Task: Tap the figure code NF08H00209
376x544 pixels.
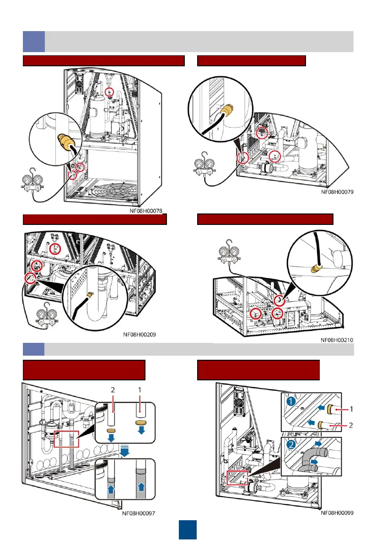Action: click(139, 334)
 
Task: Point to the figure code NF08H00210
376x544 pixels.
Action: click(336, 340)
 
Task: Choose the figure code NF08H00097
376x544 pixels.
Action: click(139, 513)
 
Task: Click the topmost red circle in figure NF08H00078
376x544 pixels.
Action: click(109, 92)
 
